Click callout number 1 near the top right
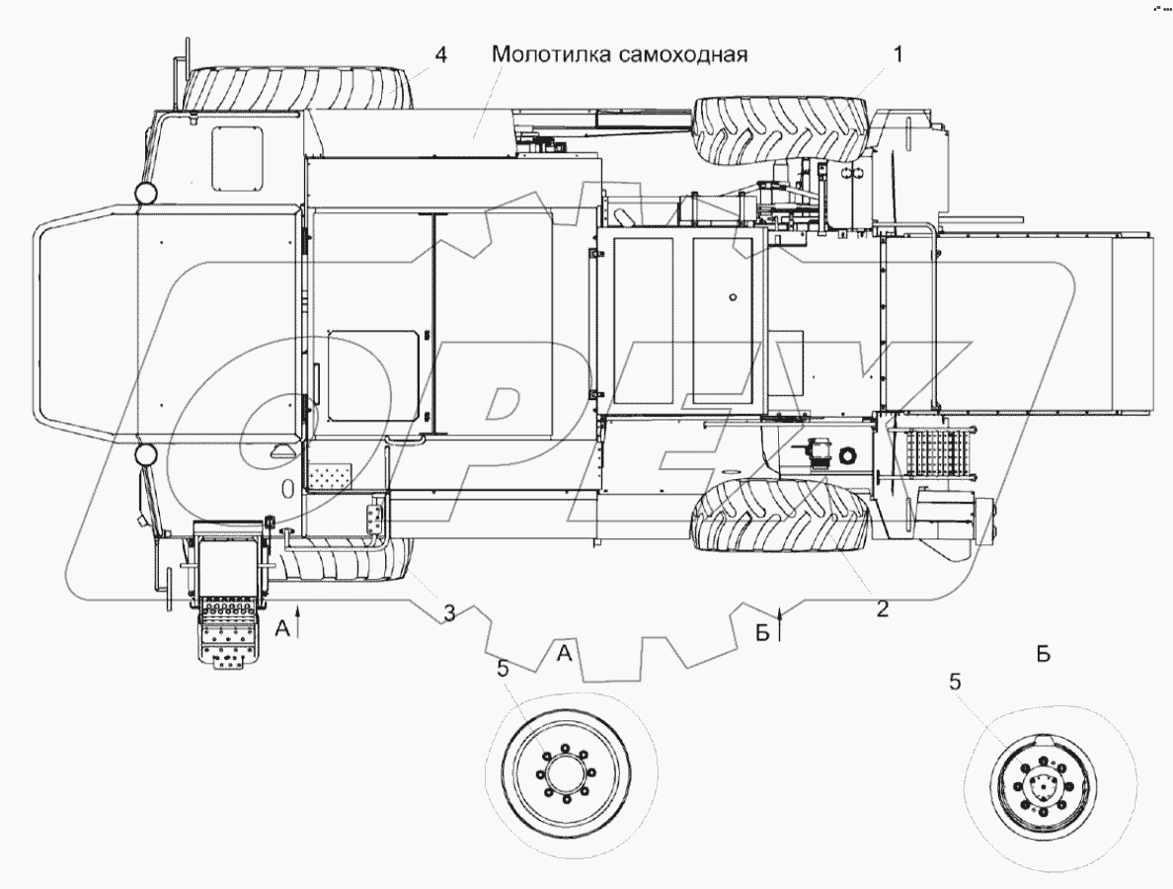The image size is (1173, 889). coord(897,56)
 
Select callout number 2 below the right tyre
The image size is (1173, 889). coord(882,608)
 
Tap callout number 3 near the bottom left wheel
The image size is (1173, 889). coord(448,613)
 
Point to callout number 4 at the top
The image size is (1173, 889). coord(440,55)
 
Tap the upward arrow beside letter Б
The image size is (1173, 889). coord(781,624)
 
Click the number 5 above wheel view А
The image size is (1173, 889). coord(504,670)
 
